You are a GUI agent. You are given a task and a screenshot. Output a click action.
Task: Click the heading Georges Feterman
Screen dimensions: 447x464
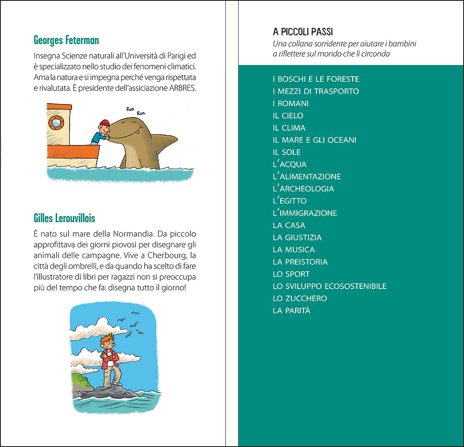click(66, 40)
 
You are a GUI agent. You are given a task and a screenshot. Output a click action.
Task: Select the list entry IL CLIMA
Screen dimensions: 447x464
click(289, 128)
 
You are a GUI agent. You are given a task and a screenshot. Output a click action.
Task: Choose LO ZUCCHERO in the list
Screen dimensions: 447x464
click(300, 298)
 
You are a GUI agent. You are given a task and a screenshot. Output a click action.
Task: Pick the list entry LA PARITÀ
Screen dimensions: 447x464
click(291, 310)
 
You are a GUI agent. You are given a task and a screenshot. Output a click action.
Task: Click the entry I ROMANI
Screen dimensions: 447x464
click(290, 104)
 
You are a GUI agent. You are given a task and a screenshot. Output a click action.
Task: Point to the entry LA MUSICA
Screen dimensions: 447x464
click(294, 250)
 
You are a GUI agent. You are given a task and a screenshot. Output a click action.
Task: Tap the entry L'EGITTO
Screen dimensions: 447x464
click(290, 201)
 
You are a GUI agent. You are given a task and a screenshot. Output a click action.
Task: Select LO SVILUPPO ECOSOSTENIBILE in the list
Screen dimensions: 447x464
click(329, 286)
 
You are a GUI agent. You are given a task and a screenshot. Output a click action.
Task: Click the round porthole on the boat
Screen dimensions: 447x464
click(56, 122)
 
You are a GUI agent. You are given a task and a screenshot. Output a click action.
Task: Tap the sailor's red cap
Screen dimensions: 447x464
click(104, 123)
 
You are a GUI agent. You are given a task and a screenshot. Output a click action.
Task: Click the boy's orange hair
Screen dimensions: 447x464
click(108, 337)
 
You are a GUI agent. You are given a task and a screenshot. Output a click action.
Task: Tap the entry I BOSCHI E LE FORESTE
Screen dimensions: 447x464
click(316, 79)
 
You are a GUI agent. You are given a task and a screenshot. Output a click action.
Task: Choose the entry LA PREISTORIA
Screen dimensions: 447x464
click(300, 262)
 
